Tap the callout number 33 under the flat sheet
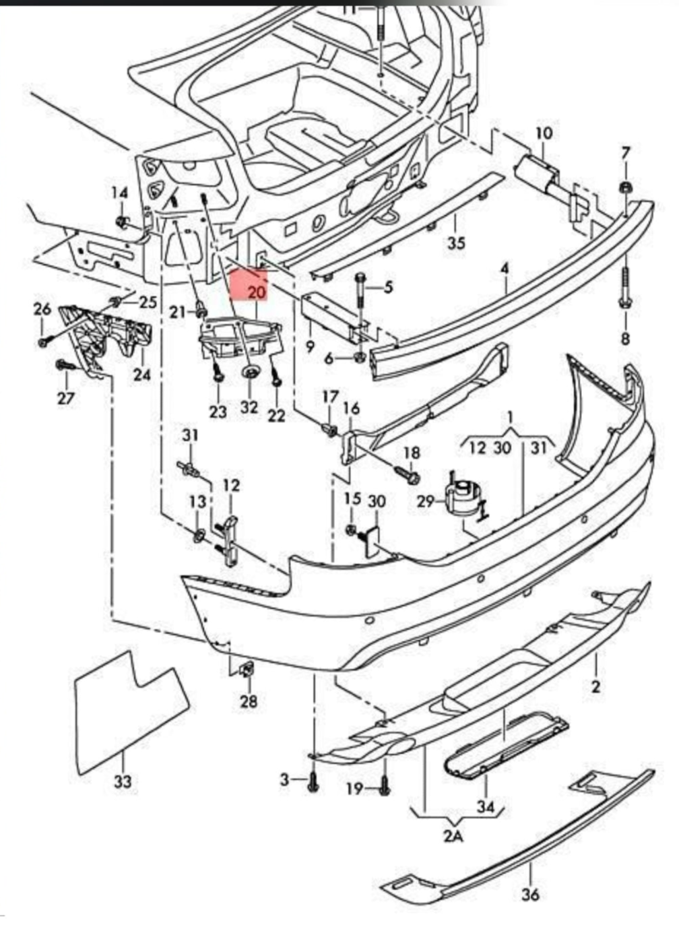tap(123, 781)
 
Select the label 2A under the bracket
tap(453, 837)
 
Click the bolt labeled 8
tap(624, 290)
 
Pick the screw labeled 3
tap(313, 781)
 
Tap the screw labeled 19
tap(384, 785)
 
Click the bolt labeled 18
tap(410, 476)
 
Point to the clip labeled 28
tap(246, 670)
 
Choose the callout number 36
tap(531, 894)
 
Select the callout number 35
tap(456, 242)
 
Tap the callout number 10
tap(544, 133)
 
